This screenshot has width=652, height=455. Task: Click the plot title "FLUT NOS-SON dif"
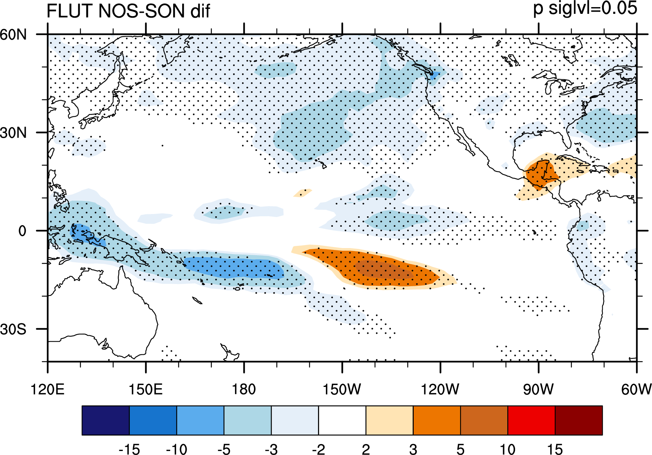click(x=128, y=11)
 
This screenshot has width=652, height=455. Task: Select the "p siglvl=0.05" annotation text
click(x=585, y=8)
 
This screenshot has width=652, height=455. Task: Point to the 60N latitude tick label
click(x=13, y=34)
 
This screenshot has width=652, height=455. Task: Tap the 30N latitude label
click(x=13, y=132)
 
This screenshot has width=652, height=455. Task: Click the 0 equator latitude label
click(x=22, y=231)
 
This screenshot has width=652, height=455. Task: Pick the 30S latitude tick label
click(x=13, y=329)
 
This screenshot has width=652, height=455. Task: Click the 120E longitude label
click(x=48, y=390)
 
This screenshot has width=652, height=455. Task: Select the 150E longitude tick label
click(x=146, y=390)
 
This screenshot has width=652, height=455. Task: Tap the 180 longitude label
click(x=244, y=390)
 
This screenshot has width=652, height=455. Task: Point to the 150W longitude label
click(x=342, y=390)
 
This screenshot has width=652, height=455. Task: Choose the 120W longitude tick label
click(x=440, y=390)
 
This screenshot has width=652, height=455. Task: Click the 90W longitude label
click(x=538, y=390)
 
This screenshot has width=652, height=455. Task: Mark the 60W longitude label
click(x=636, y=390)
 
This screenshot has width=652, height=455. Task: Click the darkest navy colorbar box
click(x=105, y=420)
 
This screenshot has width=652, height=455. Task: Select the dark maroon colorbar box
click(x=579, y=420)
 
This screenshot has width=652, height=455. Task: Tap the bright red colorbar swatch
click(x=532, y=420)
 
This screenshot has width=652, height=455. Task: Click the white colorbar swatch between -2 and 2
click(x=342, y=420)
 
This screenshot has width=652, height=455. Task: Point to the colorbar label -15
click(x=129, y=449)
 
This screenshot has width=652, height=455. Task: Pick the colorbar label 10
click(x=508, y=449)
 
